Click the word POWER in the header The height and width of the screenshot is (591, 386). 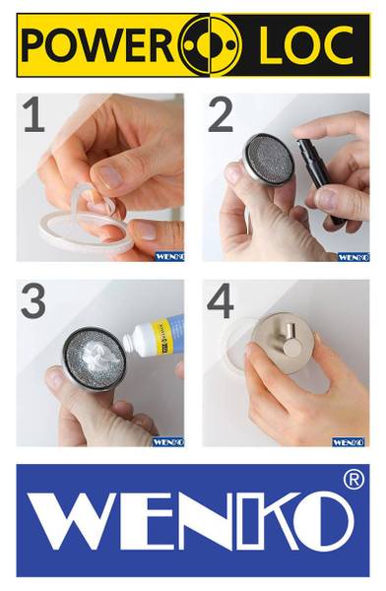tap(96, 44)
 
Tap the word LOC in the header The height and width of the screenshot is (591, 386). tap(305, 44)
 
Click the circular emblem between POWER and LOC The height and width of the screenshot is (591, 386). tap(210, 45)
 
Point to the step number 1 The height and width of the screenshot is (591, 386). tap(34, 114)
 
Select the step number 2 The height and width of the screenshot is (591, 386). tap(221, 114)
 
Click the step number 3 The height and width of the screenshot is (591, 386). tap(33, 300)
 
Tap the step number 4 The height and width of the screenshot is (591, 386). tap(221, 300)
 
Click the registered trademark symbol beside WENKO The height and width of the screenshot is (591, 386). tap(354, 480)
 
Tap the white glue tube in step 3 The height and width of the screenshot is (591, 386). tap(154, 334)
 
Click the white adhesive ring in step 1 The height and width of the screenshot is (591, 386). tap(86, 230)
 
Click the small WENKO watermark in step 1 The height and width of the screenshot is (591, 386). tap(169, 257)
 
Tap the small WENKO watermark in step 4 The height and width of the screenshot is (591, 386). tap(348, 441)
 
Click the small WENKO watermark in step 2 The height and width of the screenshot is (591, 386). tap(354, 257)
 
